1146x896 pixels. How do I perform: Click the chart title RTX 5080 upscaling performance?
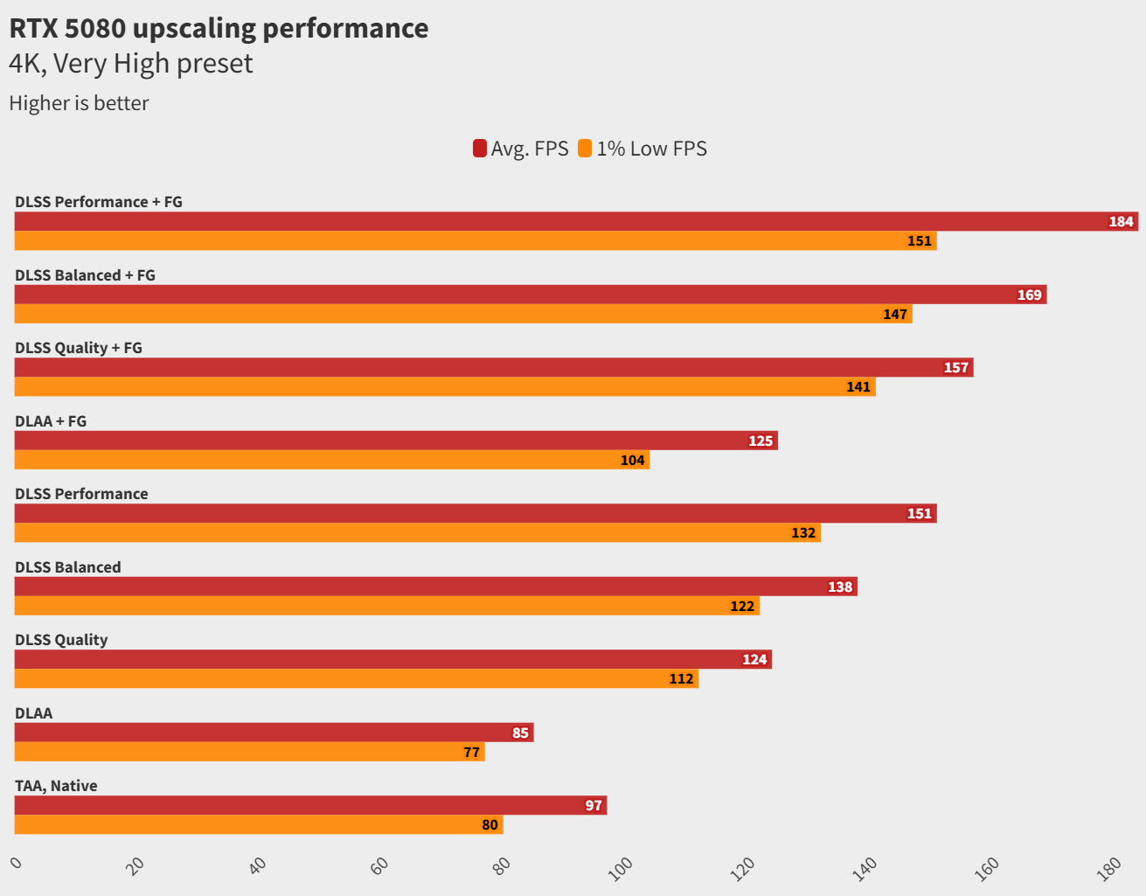pyautogui.click(x=219, y=28)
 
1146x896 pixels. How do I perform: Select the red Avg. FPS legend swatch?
pyautogui.click(x=480, y=149)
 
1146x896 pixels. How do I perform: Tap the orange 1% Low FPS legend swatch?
pyautogui.click(x=585, y=149)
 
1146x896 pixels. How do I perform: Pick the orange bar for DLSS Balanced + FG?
pyautogui.click(x=455, y=314)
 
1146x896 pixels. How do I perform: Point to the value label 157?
pyautogui.click(x=955, y=367)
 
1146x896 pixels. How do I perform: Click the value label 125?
pyautogui.click(x=761, y=441)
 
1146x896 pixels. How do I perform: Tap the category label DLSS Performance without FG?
pyautogui.click(x=81, y=494)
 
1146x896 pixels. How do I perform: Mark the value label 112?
pyautogui.click(x=681, y=678)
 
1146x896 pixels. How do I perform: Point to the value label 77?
pyautogui.click(x=471, y=752)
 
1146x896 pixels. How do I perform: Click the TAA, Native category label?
pyautogui.click(x=56, y=786)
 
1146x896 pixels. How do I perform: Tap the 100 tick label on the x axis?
pyautogui.click(x=621, y=868)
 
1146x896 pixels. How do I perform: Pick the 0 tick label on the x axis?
pyautogui.click(x=17, y=863)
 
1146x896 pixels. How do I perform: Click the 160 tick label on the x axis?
pyautogui.click(x=987, y=868)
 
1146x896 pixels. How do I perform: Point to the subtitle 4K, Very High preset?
pyautogui.click(x=131, y=64)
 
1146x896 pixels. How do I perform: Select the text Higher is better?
pyautogui.click(x=79, y=103)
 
